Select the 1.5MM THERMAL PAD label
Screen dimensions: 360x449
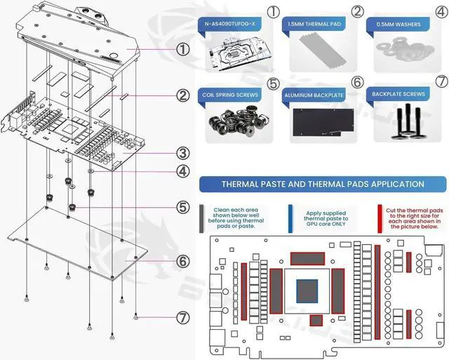(314, 25)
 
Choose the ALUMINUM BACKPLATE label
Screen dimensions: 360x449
(315, 94)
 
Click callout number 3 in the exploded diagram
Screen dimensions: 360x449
(182, 153)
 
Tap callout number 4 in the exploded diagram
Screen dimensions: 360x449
(182, 171)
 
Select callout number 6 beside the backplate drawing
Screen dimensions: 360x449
(182, 261)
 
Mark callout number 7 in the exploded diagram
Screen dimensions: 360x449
(182, 317)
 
